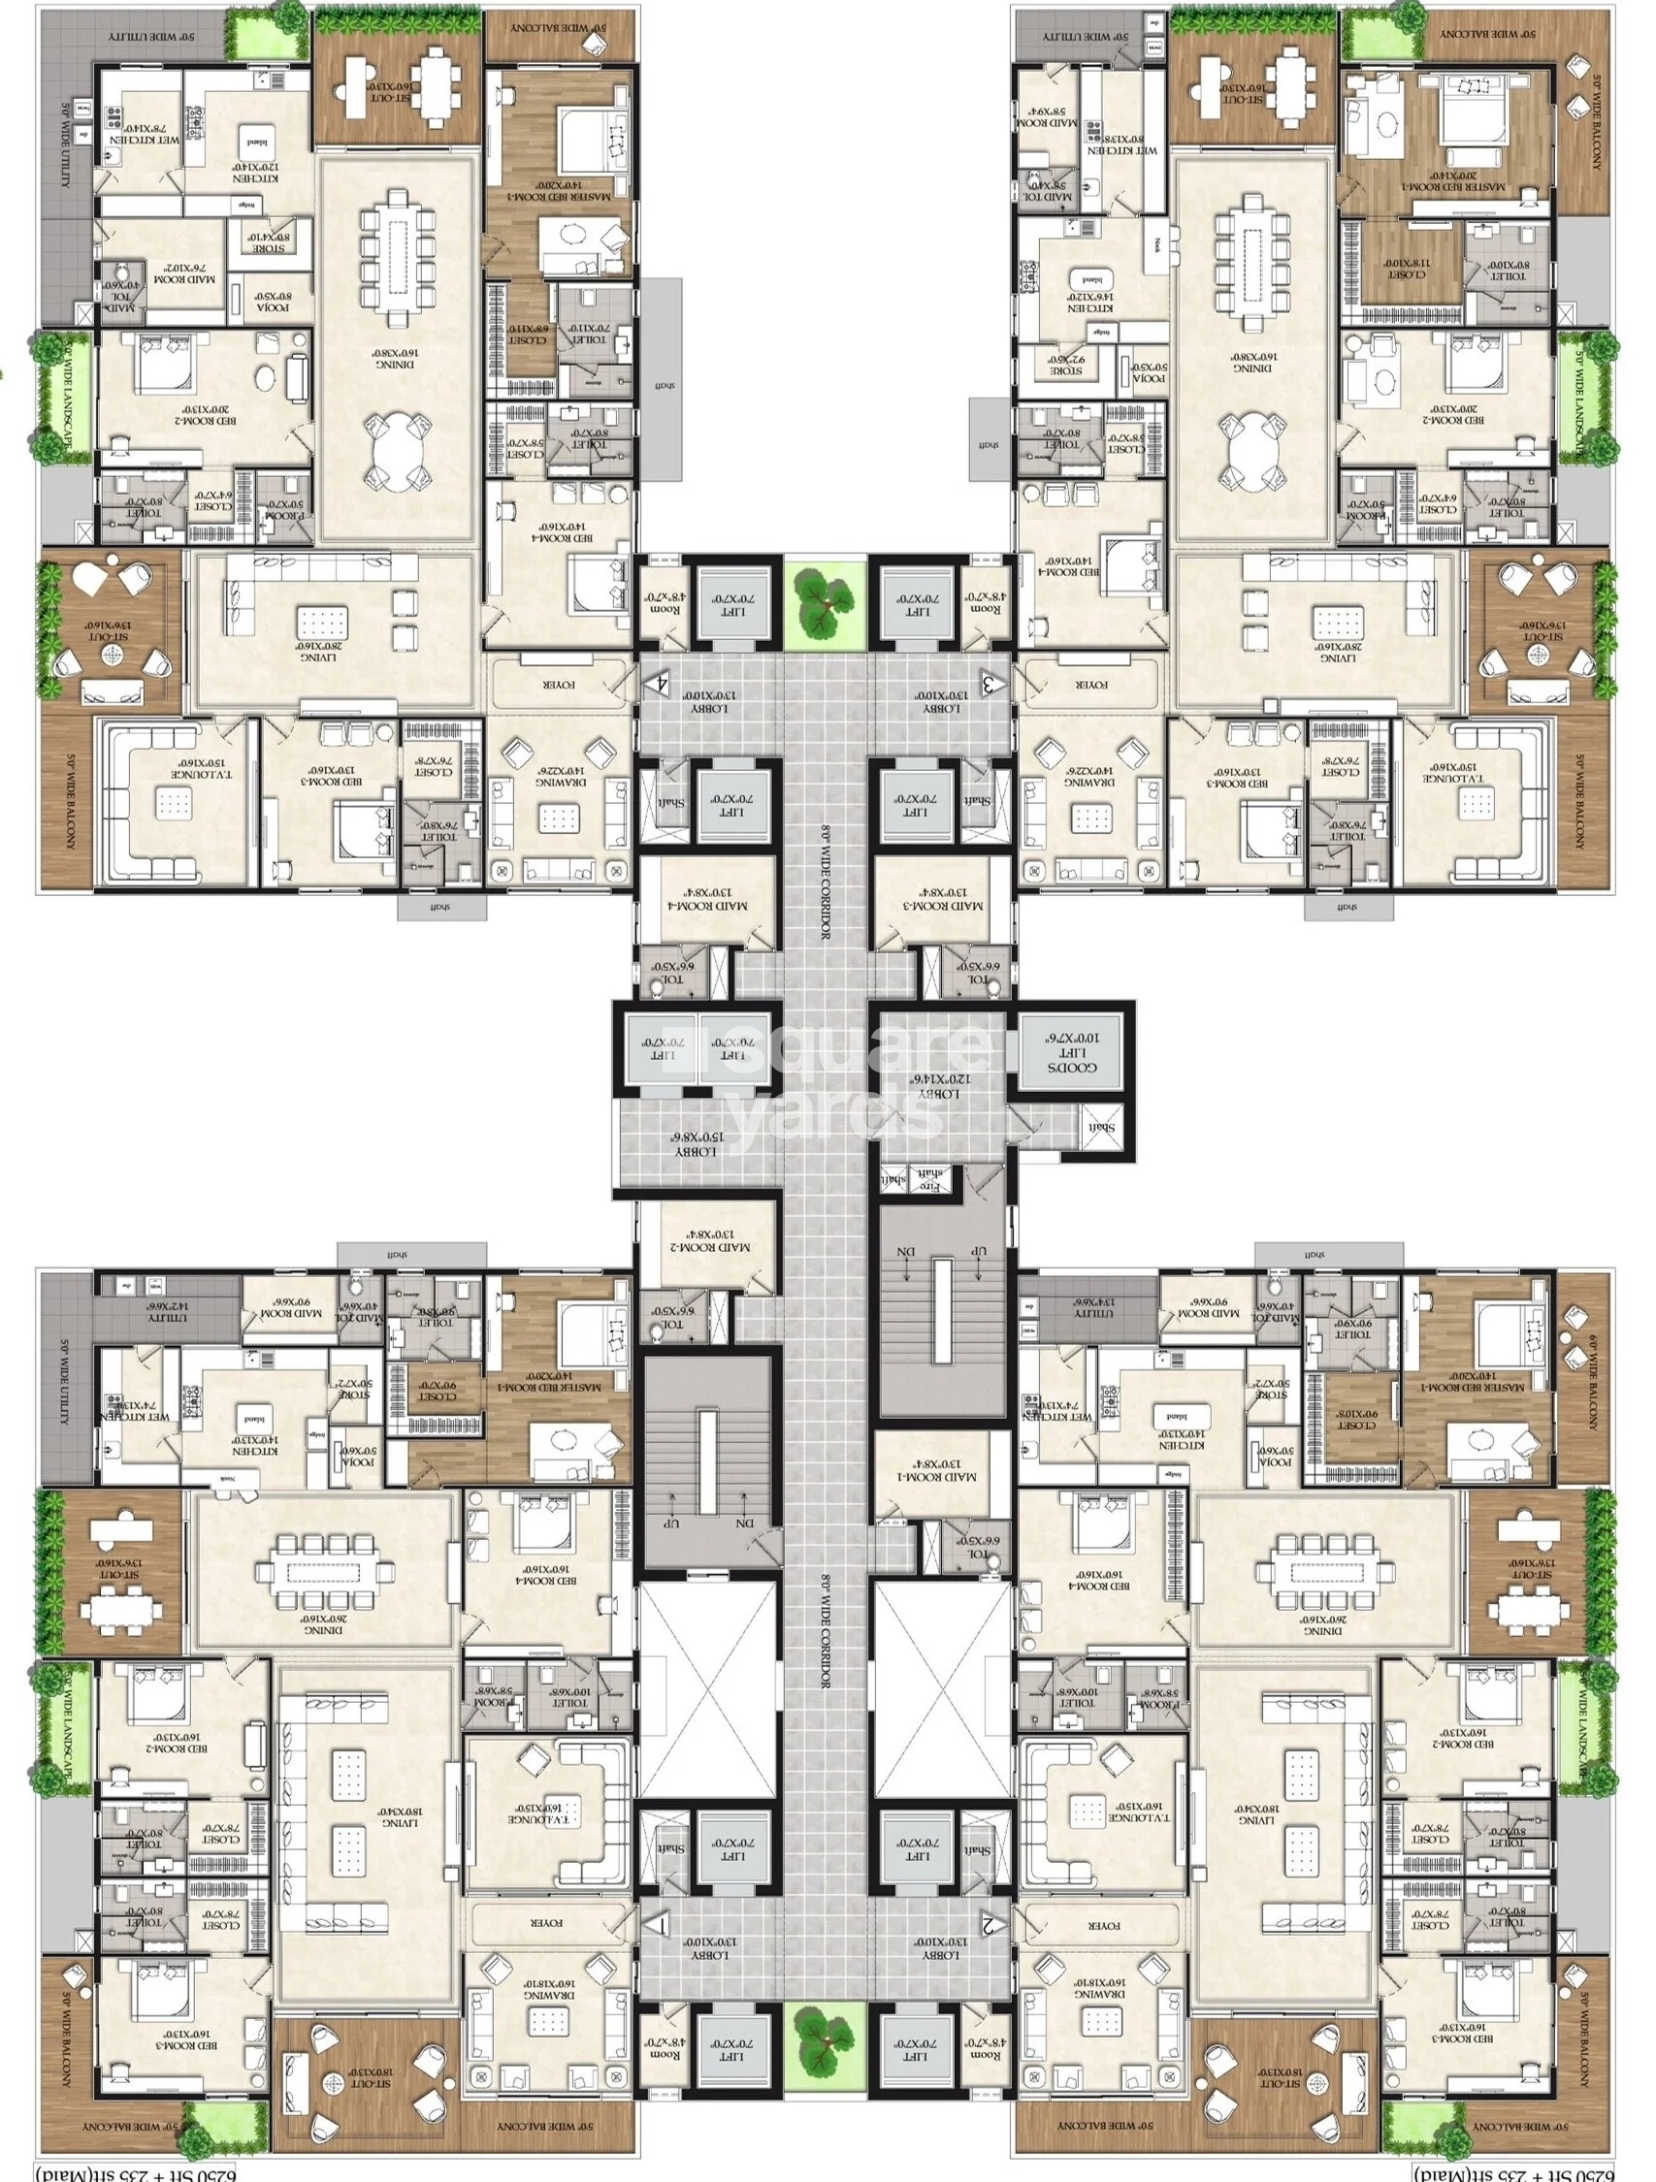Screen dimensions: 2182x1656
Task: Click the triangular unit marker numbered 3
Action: coord(990,682)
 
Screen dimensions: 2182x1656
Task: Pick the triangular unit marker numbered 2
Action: coord(991,1922)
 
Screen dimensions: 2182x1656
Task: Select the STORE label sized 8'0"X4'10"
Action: coord(268,238)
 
